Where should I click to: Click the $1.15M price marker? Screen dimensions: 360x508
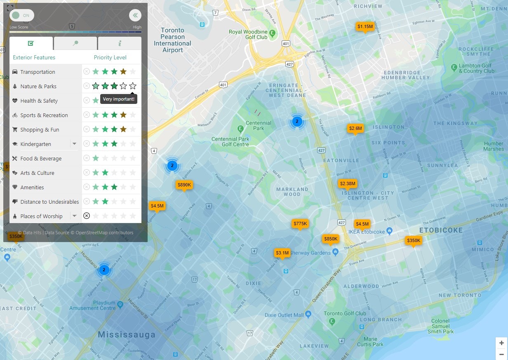pyautogui.click(x=365, y=27)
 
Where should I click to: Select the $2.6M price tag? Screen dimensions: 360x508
pyautogui.click(x=355, y=129)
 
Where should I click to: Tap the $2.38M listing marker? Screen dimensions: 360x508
pyautogui.click(x=347, y=184)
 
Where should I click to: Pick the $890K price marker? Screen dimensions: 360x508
pyautogui.click(x=184, y=185)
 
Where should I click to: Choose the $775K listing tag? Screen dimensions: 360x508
pyautogui.click(x=300, y=224)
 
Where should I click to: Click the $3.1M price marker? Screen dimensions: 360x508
pyautogui.click(x=282, y=253)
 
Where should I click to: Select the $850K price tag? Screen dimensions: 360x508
pyautogui.click(x=330, y=239)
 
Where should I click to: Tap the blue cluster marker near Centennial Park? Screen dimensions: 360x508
pyautogui.click(x=296, y=121)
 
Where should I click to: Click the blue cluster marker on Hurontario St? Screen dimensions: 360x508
pyautogui.click(x=104, y=270)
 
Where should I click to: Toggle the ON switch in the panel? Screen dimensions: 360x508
pyautogui.click(x=22, y=15)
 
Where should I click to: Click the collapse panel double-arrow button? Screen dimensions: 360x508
pyautogui.click(x=135, y=15)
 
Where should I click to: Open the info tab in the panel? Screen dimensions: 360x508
pyautogui.click(x=120, y=43)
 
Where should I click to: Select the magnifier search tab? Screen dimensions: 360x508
pyautogui.click(x=75, y=43)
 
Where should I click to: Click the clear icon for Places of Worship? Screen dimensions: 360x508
pyautogui.click(x=87, y=216)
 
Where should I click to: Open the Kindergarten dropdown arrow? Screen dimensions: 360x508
pyautogui.click(x=74, y=144)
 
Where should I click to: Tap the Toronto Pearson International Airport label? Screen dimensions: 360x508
pyautogui.click(x=172, y=40)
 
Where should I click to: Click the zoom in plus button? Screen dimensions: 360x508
pyautogui.click(x=501, y=343)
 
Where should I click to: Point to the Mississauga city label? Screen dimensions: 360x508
pyautogui.click(x=127, y=334)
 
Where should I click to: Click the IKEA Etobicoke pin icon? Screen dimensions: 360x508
pyautogui.click(x=390, y=231)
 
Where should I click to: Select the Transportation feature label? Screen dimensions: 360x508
pyautogui.click(x=38, y=72)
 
